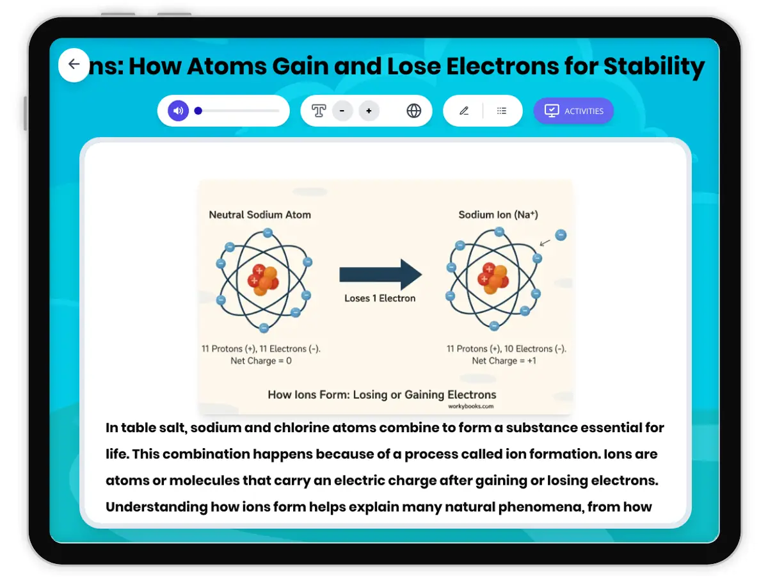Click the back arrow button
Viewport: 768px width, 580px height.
pos(74,65)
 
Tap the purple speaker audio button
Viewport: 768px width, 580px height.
pos(178,111)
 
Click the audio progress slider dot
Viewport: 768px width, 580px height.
pos(198,111)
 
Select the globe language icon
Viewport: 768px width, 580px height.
pos(413,111)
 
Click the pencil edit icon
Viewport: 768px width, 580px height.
pos(464,111)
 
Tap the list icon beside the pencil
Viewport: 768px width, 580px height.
pos(501,111)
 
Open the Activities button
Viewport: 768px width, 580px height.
pos(573,111)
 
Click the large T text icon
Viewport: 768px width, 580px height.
pos(318,111)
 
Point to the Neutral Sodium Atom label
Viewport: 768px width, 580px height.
pos(260,214)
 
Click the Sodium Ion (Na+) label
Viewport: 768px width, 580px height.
pos(498,214)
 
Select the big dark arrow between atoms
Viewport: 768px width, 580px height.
pos(380,275)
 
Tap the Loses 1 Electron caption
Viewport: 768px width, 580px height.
pos(380,298)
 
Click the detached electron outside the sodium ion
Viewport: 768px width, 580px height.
pos(561,235)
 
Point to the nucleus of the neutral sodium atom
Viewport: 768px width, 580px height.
pos(263,280)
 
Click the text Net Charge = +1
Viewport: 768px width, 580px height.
pos(504,360)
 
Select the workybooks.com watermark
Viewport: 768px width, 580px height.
pos(470,406)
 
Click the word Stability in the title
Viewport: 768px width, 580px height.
pos(654,67)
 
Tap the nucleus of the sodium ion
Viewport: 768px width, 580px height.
pos(493,278)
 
